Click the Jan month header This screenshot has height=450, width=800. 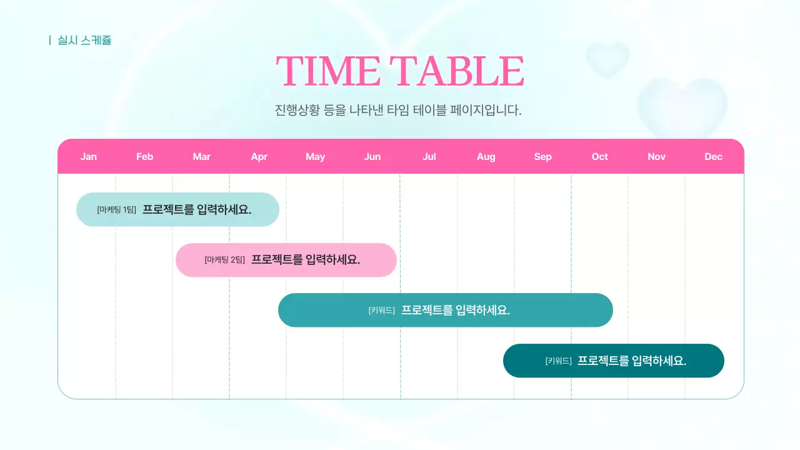(x=89, y=157)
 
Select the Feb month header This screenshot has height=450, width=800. (x=145, y=157)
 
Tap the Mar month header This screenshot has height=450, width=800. (x=202, y=157)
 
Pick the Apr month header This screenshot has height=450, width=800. (x=259, y=157)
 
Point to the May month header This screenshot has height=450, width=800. (x=316, y=157)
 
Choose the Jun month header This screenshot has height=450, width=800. (x=372, y=157)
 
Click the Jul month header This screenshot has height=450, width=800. (x=429, y=157)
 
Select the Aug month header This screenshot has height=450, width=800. (x=486, y=157)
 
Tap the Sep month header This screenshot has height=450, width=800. (x=543, y=157)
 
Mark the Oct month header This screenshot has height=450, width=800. (x=600, y=157)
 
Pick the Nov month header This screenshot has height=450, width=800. (x=657, y=157)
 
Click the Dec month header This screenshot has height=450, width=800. (x=714, y=157)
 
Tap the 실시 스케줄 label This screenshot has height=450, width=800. (x=84, y=41)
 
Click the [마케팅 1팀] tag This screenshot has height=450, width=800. (x=117, y=210)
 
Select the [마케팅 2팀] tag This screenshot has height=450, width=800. (x=225, y=260)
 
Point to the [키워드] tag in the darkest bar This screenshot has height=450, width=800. (x=559, y=361)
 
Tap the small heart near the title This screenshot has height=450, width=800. (x=607, y=59)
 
